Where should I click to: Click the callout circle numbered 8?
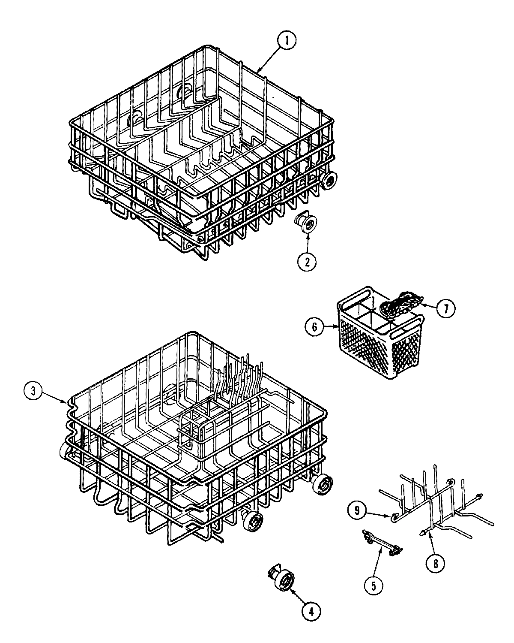(x=436, y=563)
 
